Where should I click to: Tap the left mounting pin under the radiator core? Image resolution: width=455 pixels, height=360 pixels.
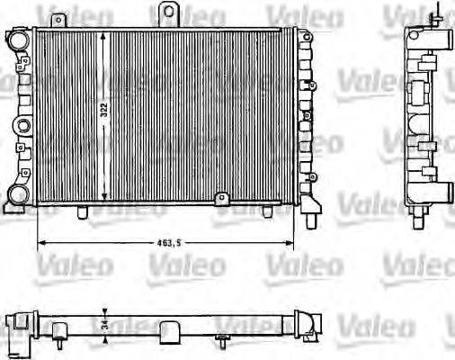(x=83, y=212)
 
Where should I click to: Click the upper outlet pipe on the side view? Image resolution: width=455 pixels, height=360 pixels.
(x=443, y=40)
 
